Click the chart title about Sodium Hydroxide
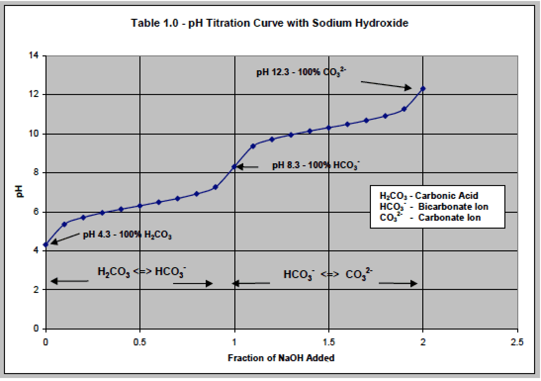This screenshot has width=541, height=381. pos(270,23)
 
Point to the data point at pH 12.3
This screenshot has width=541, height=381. pos(423,89)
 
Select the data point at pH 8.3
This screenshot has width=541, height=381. pos(234,166)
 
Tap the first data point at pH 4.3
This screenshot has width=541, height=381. pos(45,244)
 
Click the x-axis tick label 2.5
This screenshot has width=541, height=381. pos(517,342)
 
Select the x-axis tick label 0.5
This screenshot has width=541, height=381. pos(140,342)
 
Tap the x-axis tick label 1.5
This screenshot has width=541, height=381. pos(328,342)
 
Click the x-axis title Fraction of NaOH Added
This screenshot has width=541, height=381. pos(281,358)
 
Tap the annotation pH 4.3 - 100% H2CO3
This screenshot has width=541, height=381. pos(128,235)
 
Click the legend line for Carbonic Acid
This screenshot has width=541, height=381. pos(429,196)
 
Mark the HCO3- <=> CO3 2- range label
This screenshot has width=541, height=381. pos(328,274)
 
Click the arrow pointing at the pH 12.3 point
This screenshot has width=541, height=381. pos(386,85)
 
